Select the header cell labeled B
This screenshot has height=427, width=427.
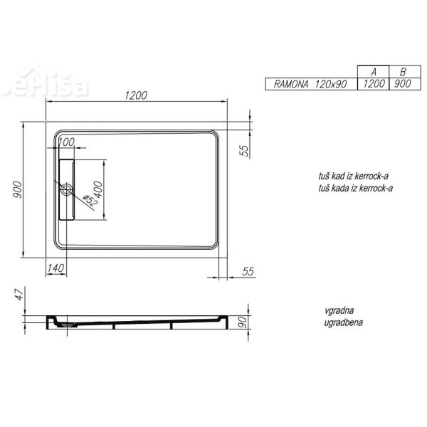[404, 73]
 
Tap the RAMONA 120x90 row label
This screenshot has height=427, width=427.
[311, 84]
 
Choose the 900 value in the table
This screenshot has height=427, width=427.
[404, 84]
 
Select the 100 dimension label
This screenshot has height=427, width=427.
[65, 142]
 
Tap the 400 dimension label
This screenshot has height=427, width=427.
[99, 191]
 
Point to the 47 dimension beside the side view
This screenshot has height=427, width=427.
[19, 293]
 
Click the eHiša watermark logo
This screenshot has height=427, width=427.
[57, 85]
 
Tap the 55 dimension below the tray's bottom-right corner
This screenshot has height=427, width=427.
[248, 271]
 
